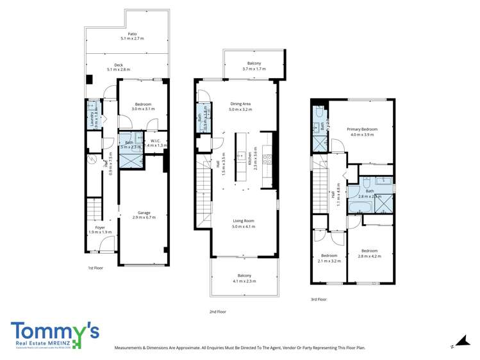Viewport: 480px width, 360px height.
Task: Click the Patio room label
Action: point(132,34)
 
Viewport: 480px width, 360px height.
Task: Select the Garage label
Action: point(144,213)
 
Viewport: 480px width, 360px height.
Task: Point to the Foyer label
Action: point(100,227)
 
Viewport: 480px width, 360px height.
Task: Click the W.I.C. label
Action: point(154,141)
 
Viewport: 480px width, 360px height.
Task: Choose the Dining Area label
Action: point(240,104)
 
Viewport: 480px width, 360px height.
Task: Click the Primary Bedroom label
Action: point(362,129)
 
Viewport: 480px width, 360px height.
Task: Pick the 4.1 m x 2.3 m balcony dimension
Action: point(244,281)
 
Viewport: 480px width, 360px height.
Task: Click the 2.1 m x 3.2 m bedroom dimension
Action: point(329,261)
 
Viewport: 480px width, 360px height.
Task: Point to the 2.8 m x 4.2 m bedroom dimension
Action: point(369,256)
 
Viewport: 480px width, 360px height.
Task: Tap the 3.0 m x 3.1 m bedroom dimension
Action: point(143,109)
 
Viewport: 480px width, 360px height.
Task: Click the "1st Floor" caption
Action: point(96,268)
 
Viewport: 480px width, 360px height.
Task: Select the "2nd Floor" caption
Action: point(219,311)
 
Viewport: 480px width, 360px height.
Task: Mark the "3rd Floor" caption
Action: point(319,299)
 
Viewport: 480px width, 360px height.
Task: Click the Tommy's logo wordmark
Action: point(54,331)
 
